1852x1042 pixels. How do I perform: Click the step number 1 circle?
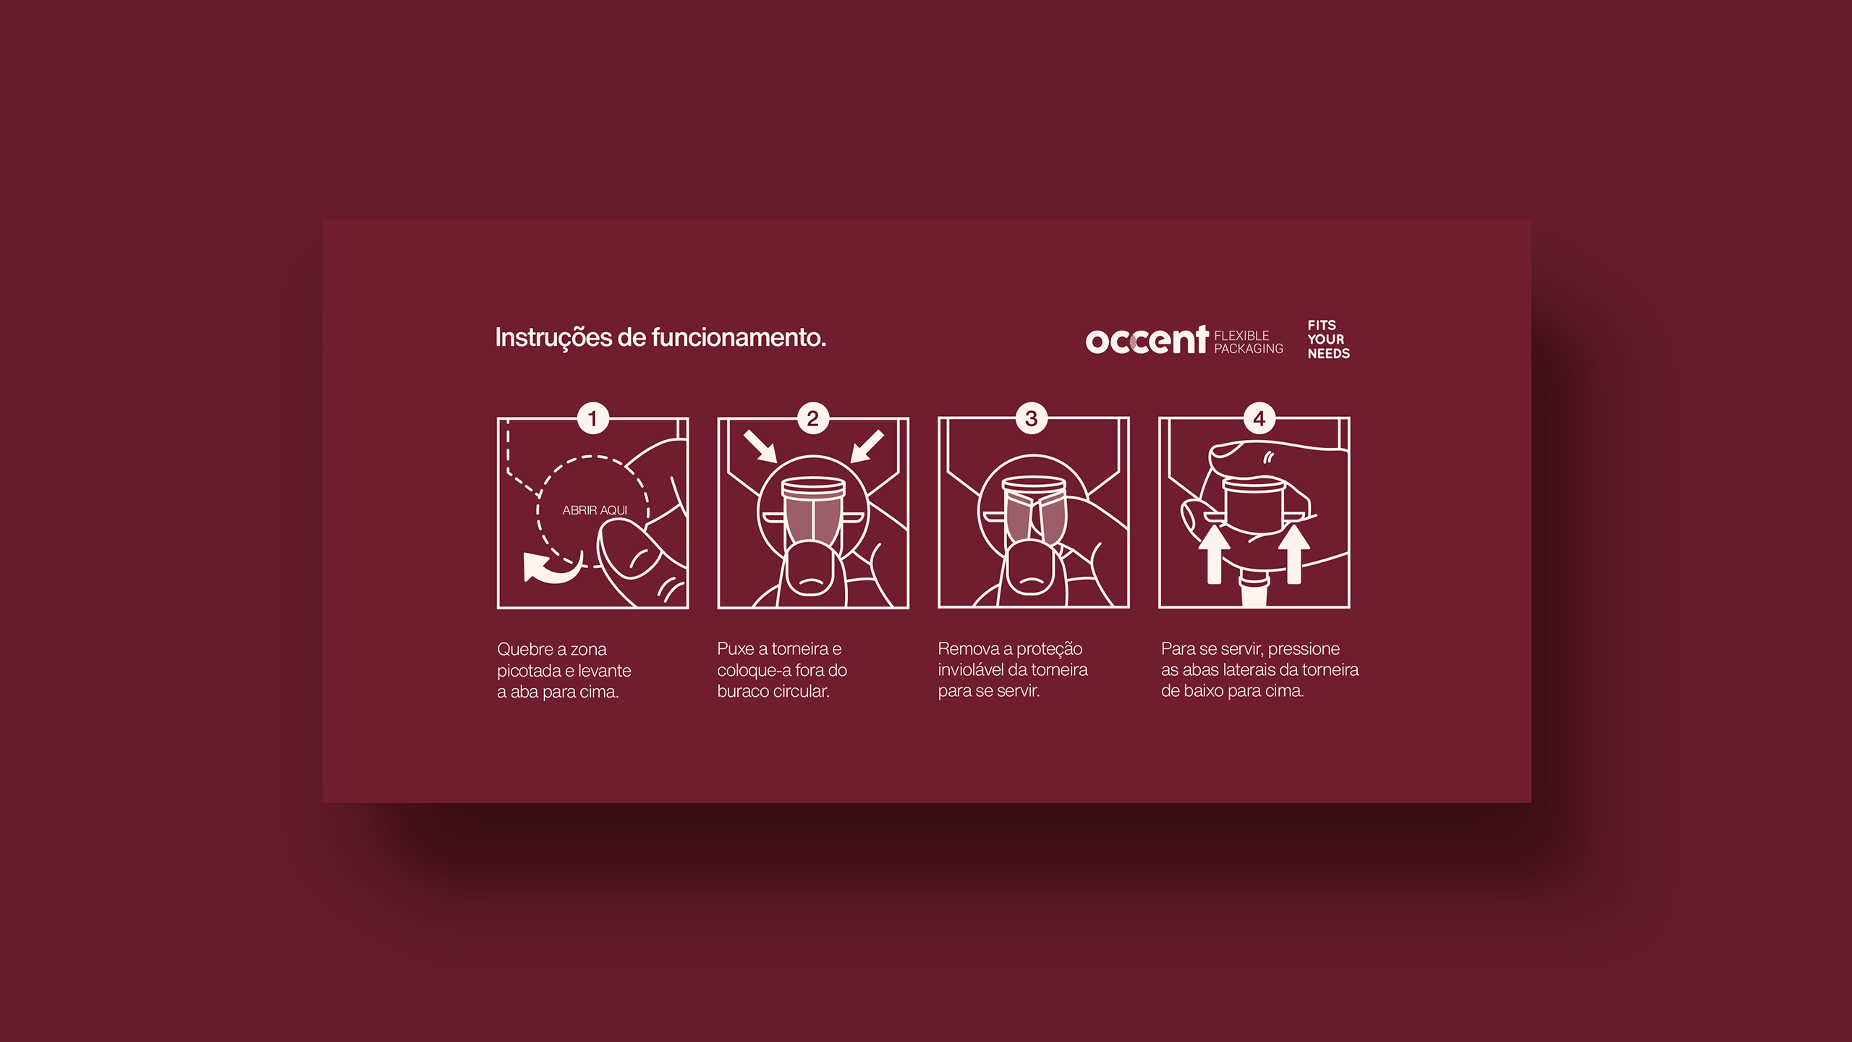(x=592, y=418)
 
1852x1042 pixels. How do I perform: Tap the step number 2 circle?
(x=812, y=418)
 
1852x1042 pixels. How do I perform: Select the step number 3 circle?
(x=1032, y=418)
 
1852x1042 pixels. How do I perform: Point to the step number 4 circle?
(x=1259, y=418)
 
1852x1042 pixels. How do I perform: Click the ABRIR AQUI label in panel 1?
(x=595, y=510)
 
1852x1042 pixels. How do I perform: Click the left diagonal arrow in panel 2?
(x=760, y=446)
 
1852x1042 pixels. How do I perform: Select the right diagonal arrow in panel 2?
(x=867, y=446)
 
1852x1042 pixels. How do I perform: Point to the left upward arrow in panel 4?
(x=1215, y=554)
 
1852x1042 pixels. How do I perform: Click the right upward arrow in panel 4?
(x=1294, y=554)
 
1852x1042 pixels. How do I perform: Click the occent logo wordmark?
(x=1147, y=339)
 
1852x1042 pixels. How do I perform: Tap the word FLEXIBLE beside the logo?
(x=1241, y=336)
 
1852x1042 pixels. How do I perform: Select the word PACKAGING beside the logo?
(x=1249, y=349)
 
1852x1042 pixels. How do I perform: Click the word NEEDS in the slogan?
(x=1329, y=354)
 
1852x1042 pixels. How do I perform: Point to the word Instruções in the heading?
(x=553, y=338)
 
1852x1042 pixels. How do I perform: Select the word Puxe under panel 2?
(x=736, y=649)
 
